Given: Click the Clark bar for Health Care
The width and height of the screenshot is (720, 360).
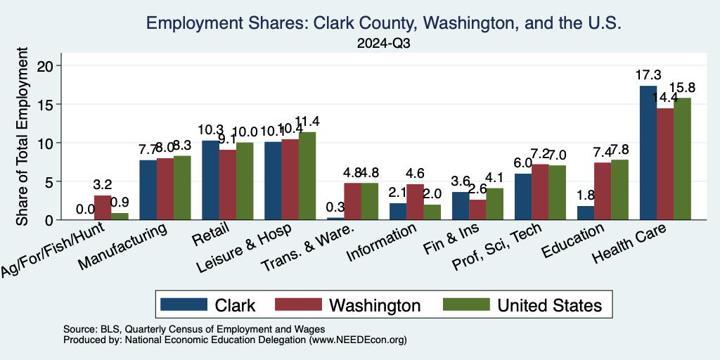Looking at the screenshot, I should pos(648,153).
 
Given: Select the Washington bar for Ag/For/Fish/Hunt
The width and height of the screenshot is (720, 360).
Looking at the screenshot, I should pos(103,207).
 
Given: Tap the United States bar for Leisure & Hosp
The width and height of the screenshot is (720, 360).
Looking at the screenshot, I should pos(307,176).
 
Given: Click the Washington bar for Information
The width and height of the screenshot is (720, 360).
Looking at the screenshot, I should pos(416,202).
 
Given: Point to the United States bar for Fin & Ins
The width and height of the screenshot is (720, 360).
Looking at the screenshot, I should pos(495,204).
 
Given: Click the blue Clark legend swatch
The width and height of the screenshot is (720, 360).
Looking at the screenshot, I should pos(184,304).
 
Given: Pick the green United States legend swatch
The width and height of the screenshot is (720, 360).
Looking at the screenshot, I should pos(465,304).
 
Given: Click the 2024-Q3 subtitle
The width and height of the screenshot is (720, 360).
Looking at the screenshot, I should pos(383,44).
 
